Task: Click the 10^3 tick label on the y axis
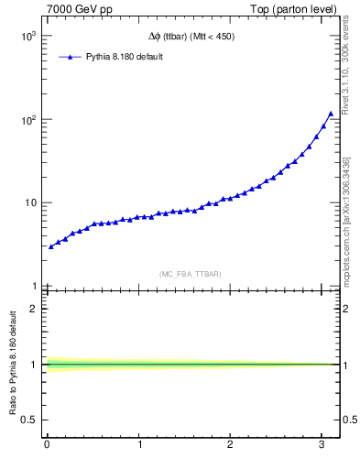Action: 28,37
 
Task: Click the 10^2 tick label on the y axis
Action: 28,120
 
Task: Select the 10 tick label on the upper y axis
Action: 31,203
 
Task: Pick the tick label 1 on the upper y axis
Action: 35,286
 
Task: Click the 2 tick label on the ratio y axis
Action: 34,309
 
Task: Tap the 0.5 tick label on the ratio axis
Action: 30,420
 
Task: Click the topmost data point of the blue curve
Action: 331,114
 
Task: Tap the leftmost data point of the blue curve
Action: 50,246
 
